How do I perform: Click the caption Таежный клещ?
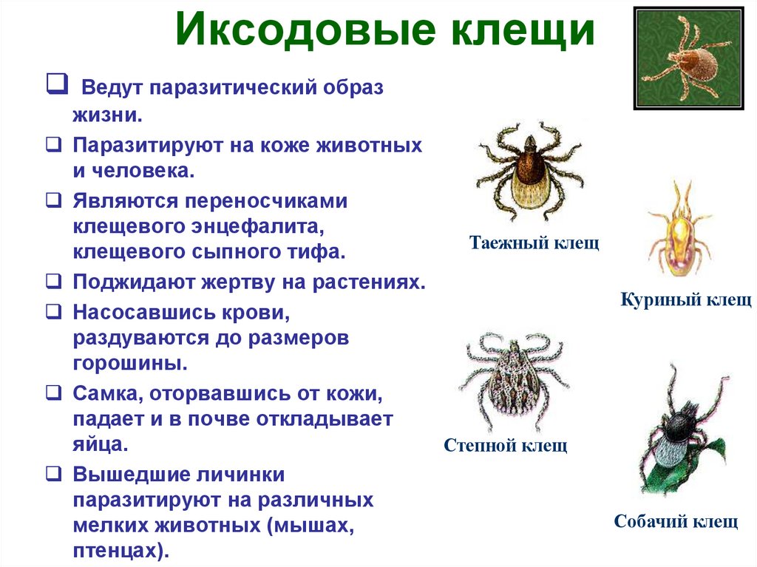(x=534, y=242)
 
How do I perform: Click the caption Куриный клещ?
(x=686, y=299)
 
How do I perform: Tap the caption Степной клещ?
(x=506, y=445)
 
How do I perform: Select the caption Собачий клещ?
(x=676, y=521)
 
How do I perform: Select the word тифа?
(x=319, y=251)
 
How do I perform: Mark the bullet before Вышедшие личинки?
(x=52, y=474)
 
